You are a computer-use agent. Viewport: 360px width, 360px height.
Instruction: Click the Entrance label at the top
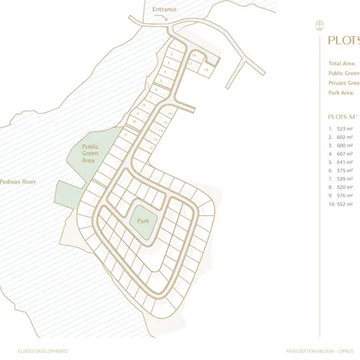coord(164,9)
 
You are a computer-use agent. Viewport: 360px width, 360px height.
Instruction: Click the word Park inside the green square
coord(142,220)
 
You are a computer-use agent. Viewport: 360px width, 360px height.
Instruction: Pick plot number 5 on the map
coord(161,80)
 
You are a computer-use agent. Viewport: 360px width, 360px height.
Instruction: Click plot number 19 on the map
coord(206,69)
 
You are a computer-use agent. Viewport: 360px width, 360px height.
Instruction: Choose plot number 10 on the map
coord(134,122)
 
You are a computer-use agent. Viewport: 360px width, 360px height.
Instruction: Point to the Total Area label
coord(342,63)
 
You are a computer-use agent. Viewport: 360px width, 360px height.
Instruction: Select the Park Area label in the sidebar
coord(341,92)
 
